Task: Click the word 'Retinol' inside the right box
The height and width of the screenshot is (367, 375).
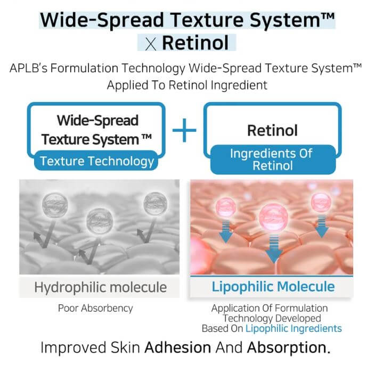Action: click(272, 130)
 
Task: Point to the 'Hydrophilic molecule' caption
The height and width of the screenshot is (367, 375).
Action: click(100, 288)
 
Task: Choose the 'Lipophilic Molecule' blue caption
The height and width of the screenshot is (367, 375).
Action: click(273, 287)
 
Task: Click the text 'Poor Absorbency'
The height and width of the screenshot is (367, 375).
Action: click(95, 308)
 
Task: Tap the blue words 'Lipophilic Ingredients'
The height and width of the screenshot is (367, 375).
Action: click(294, 328)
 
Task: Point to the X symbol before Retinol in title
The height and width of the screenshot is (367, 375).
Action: click(151, 43)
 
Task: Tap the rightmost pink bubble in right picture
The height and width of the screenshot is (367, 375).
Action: click(320, 203)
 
